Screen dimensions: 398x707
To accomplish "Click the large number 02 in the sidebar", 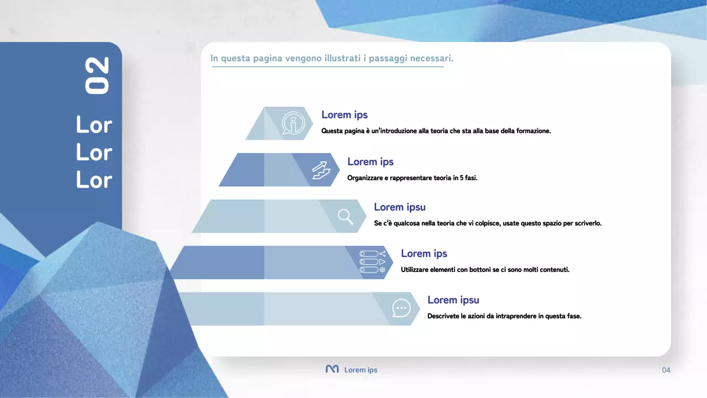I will coord(97,76).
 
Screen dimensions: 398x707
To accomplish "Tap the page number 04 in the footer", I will coord(666,370).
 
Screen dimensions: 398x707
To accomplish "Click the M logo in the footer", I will coord(332,369).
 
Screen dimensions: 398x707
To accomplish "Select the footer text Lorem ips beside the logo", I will coord(361,370).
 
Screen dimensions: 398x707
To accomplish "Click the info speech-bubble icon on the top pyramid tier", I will coord(293,123).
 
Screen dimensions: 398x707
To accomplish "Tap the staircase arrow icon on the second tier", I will coord(320,170).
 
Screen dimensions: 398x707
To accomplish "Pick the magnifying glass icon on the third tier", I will coord(345,216).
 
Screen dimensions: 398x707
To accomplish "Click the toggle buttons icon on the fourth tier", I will coord(372,262).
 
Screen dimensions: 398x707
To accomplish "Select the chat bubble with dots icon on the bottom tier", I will coord(401,308).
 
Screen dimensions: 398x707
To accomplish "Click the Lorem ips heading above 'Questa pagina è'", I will coord(344,115).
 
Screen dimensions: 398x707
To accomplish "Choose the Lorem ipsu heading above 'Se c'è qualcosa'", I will coord(399,207).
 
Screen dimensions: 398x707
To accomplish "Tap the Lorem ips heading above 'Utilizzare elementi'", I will coord(424,253).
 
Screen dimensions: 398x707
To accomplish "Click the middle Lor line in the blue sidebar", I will coord(94,152).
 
